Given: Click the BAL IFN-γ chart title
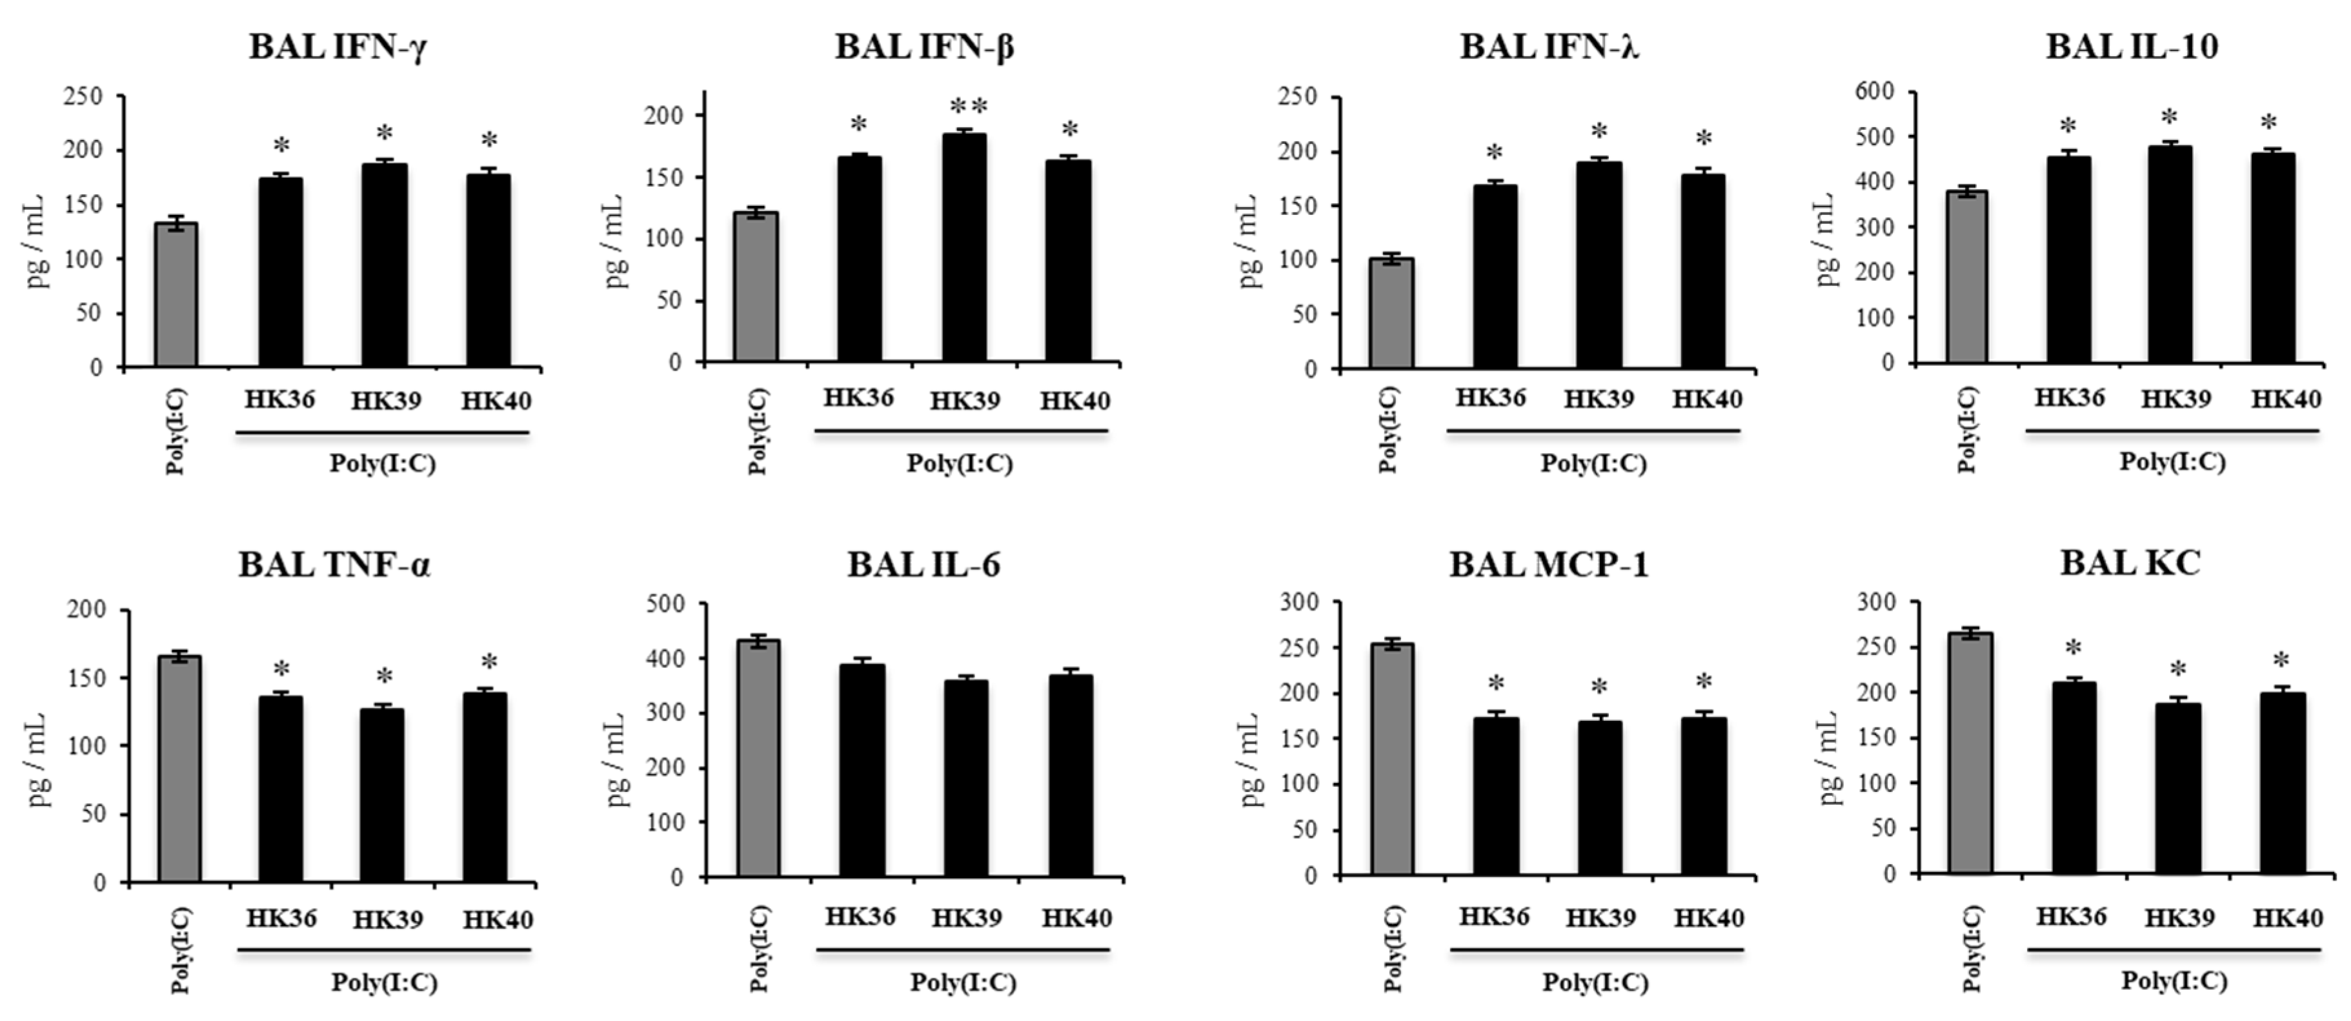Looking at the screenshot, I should tap(339, 48).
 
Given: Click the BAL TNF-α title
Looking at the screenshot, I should tap(334, 566).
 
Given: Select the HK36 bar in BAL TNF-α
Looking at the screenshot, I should tap(280, 789).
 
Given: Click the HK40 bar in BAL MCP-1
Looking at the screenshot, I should tap(1704, 796).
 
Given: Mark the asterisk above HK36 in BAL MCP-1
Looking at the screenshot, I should tap(1495, 684).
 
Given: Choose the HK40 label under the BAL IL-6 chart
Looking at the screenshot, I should tap(1077, 918).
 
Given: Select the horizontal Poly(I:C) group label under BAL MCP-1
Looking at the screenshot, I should tap(1595, 983).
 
